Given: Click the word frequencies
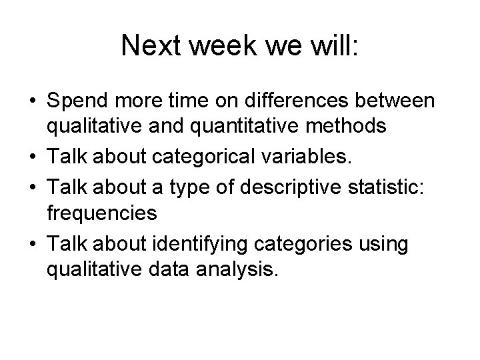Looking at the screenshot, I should [102, 213].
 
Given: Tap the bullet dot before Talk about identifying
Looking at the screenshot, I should [31, 245].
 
